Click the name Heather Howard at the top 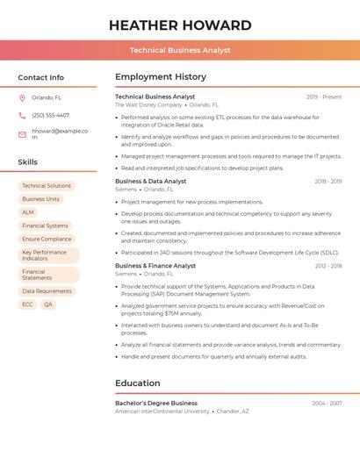180,25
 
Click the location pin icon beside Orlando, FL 22,98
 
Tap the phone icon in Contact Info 22,115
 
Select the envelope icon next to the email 22,134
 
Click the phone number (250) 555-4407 50,115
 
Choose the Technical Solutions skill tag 47,186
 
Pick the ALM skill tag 28,212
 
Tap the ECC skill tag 27,304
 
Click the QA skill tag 48,304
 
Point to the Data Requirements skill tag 47,291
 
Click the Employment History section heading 161,77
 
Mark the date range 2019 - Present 324,97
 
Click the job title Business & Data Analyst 151,181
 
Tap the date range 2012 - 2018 328,265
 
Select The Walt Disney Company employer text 148,104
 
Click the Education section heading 138,383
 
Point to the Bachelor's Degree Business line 156,403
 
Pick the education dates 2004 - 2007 327,403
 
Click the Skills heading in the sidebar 28,162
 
